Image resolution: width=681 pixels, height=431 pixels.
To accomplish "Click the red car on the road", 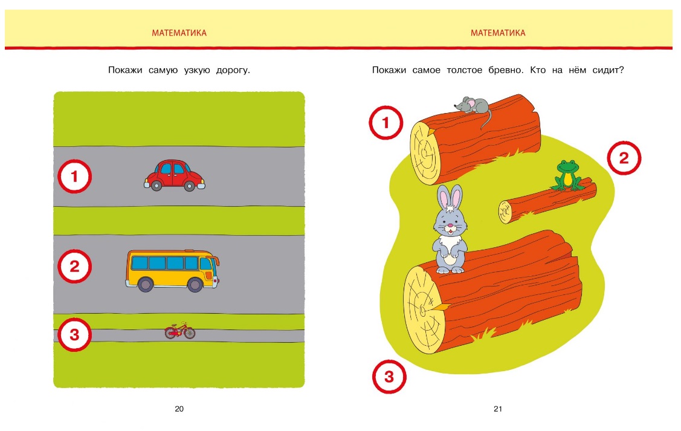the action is pos(174,175).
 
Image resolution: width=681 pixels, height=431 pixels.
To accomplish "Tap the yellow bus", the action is pos(172,270).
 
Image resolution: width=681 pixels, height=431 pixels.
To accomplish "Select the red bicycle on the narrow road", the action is pos(180,331).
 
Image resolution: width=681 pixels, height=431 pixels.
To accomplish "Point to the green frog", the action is pos(567,175).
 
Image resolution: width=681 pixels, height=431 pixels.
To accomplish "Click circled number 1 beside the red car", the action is pos(75,177).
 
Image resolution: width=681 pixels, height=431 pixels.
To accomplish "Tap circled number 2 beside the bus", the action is pos(75,267).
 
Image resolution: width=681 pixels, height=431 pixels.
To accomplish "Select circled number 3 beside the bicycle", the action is pos(75,334).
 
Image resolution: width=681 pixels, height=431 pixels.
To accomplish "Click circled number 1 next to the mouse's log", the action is pos(386,123).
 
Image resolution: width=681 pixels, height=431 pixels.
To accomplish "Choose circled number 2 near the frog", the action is pos(624,158).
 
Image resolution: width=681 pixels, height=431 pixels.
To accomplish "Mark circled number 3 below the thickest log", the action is pos(389,376).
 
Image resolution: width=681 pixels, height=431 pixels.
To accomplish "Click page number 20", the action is pos(179,409).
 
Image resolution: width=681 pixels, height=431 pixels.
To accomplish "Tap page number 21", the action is pos(498,409).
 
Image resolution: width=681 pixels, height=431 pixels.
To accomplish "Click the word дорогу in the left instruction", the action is pos(233,70).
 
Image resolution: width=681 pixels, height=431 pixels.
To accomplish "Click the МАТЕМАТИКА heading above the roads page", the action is pos(179,33).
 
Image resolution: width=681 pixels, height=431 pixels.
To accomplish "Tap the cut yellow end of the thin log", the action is pos(505,212).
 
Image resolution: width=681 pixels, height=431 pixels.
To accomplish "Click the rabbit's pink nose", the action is pos(450,225).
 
